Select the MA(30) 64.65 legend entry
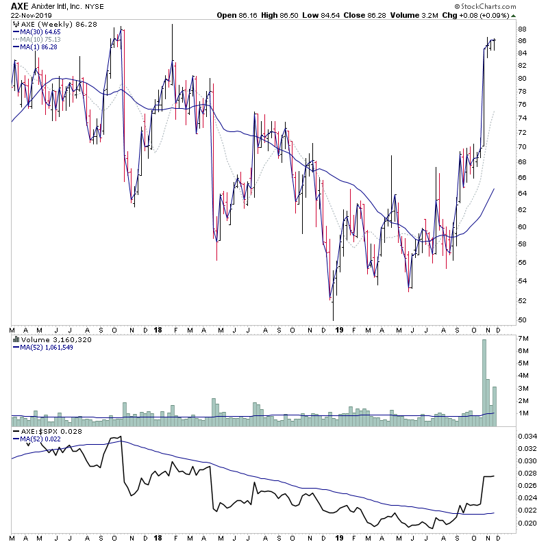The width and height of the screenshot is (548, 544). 40,32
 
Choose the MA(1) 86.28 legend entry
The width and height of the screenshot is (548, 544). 38,47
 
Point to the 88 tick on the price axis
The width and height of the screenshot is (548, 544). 522,29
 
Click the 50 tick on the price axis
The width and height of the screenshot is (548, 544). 522,320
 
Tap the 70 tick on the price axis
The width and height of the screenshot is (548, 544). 522,147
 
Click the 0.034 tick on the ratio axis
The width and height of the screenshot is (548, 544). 526,435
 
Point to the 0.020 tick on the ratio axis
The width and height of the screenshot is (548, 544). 526,523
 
